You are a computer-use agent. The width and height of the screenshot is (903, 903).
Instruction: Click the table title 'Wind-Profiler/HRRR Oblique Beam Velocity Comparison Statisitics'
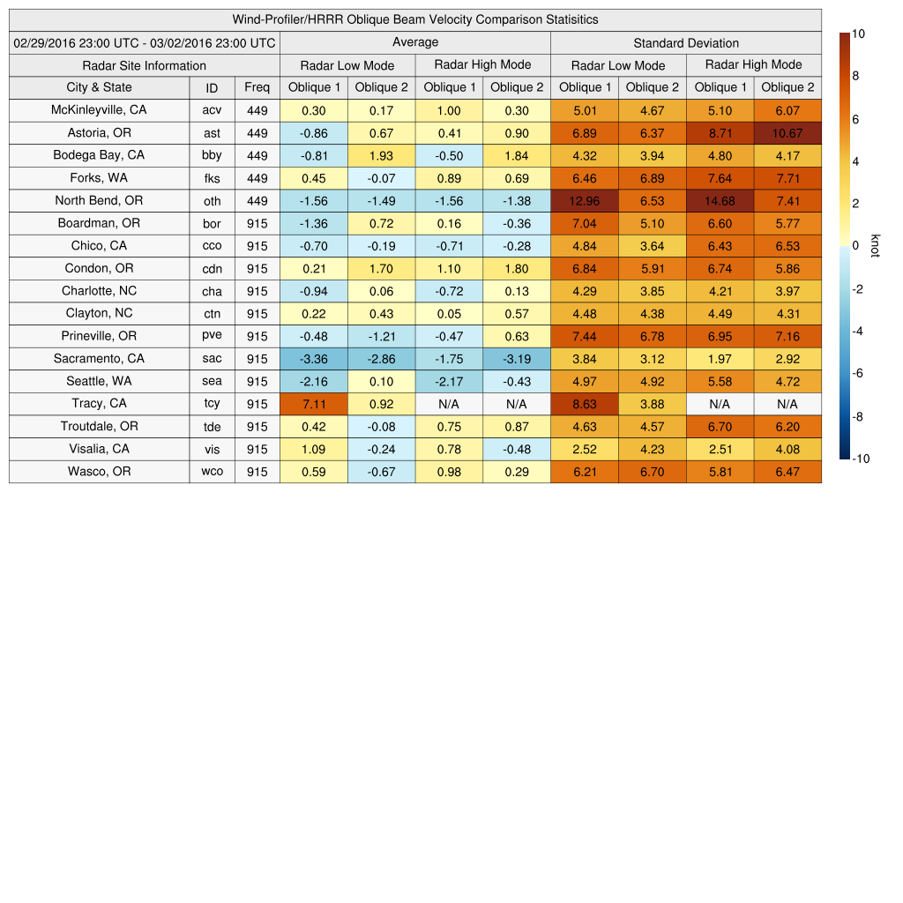(415, 19)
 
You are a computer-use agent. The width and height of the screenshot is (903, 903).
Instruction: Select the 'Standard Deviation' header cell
(686, 42)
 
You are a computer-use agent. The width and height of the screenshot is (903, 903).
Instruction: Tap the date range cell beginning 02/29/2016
(145, 42)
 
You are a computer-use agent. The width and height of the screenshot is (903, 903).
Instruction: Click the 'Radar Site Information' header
(145, 65)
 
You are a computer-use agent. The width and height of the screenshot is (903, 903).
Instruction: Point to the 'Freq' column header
(257, 87)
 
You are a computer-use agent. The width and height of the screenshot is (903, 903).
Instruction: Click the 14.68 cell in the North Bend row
(720, 201)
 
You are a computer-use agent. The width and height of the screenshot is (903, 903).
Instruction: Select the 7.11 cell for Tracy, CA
(313, 404)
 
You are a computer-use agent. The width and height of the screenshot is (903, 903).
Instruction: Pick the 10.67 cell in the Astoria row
(787, 133)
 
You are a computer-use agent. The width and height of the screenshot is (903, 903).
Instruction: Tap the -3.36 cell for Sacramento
(313, 359)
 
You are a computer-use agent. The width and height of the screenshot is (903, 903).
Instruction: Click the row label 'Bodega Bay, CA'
(99, 155)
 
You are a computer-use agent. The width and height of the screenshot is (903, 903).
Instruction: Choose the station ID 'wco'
(212, 472)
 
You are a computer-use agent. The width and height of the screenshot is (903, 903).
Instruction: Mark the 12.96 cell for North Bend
(585, 201)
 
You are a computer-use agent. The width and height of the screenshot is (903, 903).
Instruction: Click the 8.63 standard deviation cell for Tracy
(585, 404)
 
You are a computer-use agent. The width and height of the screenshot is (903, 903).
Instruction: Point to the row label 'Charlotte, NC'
(99, 291)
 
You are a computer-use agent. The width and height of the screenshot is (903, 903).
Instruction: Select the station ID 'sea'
(212, 382)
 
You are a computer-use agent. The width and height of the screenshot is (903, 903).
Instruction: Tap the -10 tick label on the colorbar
(862, 459)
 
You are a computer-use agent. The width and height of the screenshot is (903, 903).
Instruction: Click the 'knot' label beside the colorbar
(875, 246)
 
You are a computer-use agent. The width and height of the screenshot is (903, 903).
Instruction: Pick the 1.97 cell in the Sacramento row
(720, 359)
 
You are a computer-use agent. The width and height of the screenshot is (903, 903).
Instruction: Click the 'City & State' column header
(99, 87)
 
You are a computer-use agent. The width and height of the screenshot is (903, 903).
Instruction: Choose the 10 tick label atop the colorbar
(858, 34)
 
